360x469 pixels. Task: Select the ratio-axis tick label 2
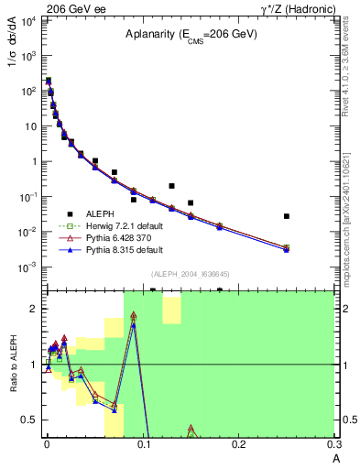tap(34, 309)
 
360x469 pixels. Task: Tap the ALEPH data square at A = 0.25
tap(287, 216)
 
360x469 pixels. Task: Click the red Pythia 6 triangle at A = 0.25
tap(287, 247)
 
